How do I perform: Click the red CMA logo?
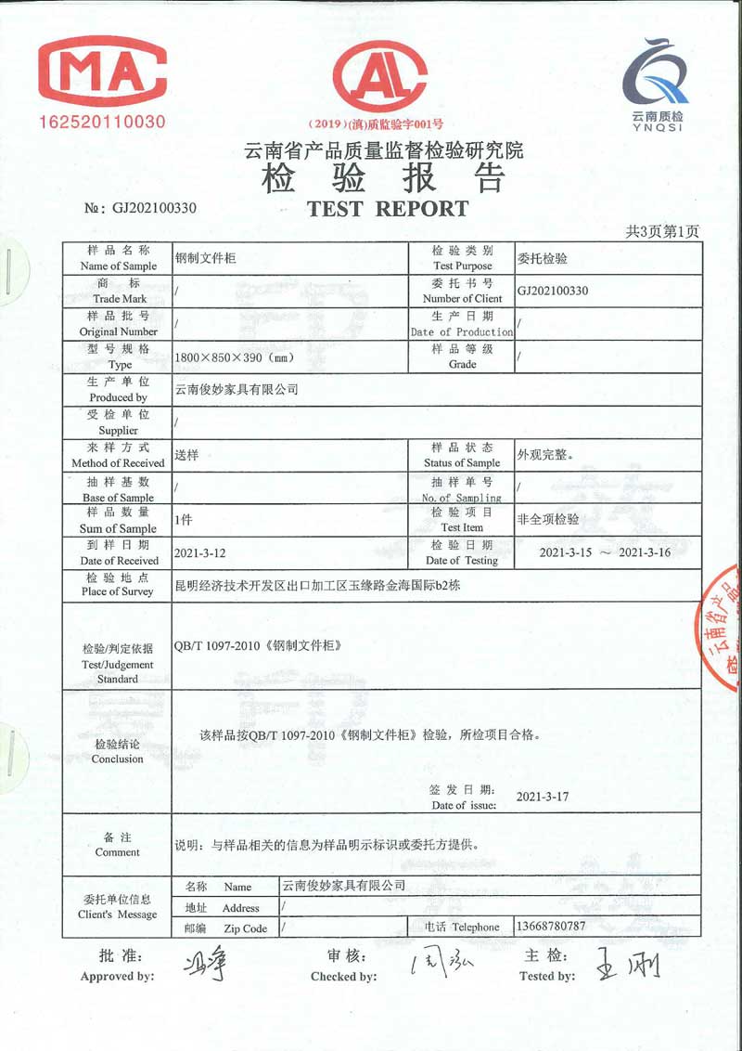point(102,71)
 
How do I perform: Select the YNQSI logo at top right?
point(657,84)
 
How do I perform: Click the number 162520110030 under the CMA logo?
point(102,122)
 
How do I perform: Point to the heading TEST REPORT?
point(388,209)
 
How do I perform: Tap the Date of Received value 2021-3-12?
point(201,552)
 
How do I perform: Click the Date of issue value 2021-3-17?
point(543,797)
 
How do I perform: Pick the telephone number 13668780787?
point(551,927)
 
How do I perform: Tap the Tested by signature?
point(628,966)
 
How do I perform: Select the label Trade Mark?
point(120,299)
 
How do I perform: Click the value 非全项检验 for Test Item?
point(547,520)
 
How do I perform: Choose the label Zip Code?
point(245,928)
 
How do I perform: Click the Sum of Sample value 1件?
point(184,520)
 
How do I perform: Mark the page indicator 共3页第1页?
point(662,231)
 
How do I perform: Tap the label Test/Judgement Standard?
point(117,665)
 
